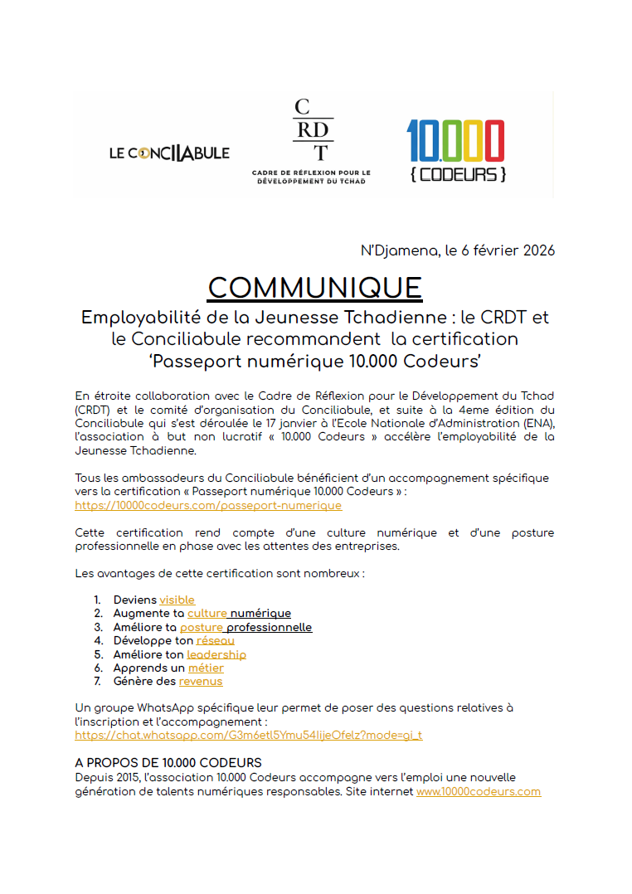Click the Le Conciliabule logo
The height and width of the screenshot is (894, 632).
(169, 153)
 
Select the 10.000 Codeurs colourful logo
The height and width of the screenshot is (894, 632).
(455, 151)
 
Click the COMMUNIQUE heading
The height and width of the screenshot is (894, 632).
(314, 287)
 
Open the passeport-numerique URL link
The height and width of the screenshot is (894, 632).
(207, 505)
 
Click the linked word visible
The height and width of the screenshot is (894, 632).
(177, 600)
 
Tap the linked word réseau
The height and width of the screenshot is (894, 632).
(215, 640)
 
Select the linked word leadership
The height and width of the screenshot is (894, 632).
(216, 654)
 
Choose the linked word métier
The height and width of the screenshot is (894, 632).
(205, 668)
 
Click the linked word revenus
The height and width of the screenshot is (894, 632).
(200, 681)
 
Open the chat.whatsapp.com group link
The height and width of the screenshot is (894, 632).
(248, 735)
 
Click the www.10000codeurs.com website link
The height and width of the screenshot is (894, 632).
(478, 791)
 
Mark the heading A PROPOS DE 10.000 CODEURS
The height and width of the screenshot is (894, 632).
(168, 762)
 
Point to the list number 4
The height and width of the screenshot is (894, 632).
(96, 640)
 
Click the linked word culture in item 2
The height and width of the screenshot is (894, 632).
(207, 613)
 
